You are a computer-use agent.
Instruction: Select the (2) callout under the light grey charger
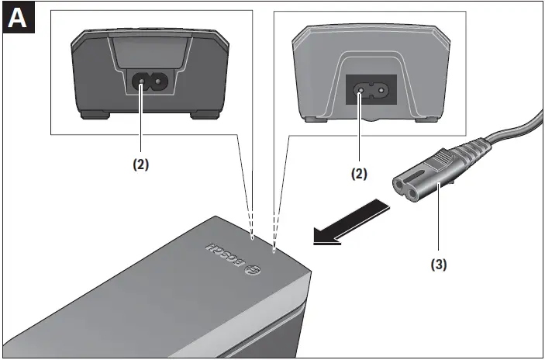tap(358, 175)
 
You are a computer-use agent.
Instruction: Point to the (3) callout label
tap(438, 263)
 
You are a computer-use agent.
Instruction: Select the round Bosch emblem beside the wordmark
tap(252, 269)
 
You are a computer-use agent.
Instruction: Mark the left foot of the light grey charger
tap(311, 119)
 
